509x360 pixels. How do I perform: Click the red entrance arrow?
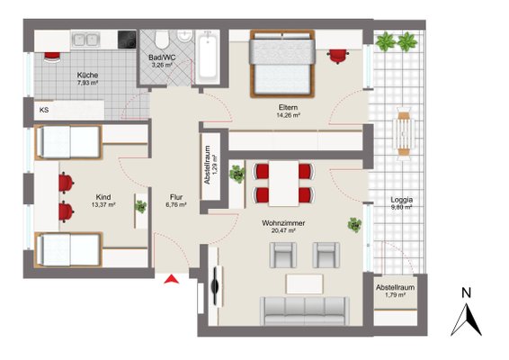[x=172, y=279]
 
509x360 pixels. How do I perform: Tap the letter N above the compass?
[x=466, y=293]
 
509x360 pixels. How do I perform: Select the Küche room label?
[x=87, y=75]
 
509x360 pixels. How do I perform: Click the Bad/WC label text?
[x=162, y=58]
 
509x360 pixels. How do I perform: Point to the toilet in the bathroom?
[x=162, y=40]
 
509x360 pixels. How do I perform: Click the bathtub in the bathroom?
[x=208, y=58]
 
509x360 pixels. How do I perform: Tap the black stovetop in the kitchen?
[x=127, y=40]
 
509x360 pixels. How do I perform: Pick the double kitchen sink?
[x=85, y=40]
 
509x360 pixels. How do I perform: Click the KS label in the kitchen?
[x=44, y=110]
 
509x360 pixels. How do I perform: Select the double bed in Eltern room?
[x=282, y=64]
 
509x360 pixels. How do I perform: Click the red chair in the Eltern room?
[x=338, y=56]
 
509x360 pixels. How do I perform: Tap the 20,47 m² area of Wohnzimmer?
[x=283, y=230]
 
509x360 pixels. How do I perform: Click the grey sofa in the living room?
[x=305, y=310]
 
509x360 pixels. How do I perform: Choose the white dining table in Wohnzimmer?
[x=283, y=184]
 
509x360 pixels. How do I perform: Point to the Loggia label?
[x=402, y=200]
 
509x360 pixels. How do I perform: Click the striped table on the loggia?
[x=404, y=133]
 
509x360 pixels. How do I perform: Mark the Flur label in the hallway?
[x=176, y=197]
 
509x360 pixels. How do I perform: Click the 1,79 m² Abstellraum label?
[x=396, y=295]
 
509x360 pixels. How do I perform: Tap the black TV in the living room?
[x=215, y=285]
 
